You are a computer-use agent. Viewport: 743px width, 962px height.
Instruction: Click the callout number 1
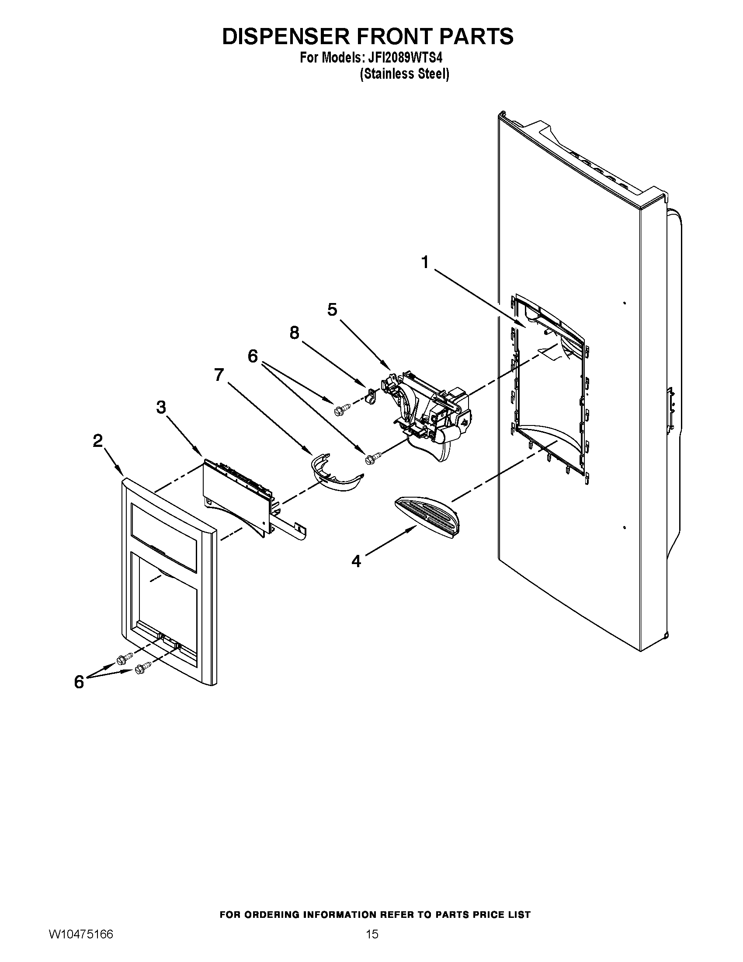[x=424, y=262]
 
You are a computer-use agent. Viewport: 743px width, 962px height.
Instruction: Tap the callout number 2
[x=98, y=440]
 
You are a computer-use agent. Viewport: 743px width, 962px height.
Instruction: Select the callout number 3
[x=161, y=408]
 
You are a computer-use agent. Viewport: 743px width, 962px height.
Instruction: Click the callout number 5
[x=332, y=310]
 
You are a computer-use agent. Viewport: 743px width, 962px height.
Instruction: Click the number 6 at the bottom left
[x=79, y=682]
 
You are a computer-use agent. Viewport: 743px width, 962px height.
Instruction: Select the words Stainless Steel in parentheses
[x=405, y=74]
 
